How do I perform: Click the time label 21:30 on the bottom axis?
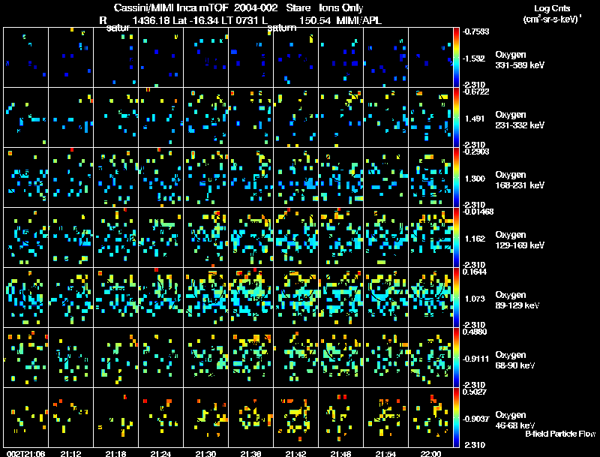coord(205,453)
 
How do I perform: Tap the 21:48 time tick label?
coord(340,453)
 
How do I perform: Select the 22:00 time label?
coord(430,453)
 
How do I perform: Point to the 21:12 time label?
coord(70,453)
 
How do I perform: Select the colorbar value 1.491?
coord(476,119)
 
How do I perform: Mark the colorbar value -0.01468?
coord(478,212)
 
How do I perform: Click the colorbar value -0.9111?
coord(475,359)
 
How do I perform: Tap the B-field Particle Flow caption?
coord(560,434)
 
